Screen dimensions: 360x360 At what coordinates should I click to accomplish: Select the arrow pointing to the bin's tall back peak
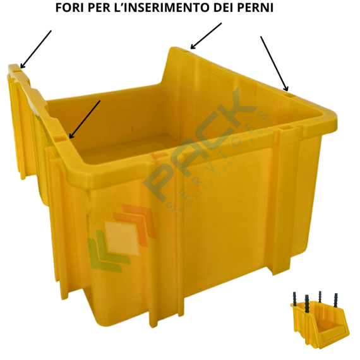[206, 36]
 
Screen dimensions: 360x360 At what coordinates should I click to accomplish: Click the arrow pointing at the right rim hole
[274, 63]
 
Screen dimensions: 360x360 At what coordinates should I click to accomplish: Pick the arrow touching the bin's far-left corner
[35, 49]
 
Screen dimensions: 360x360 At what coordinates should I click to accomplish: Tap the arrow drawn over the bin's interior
[85, 119]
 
